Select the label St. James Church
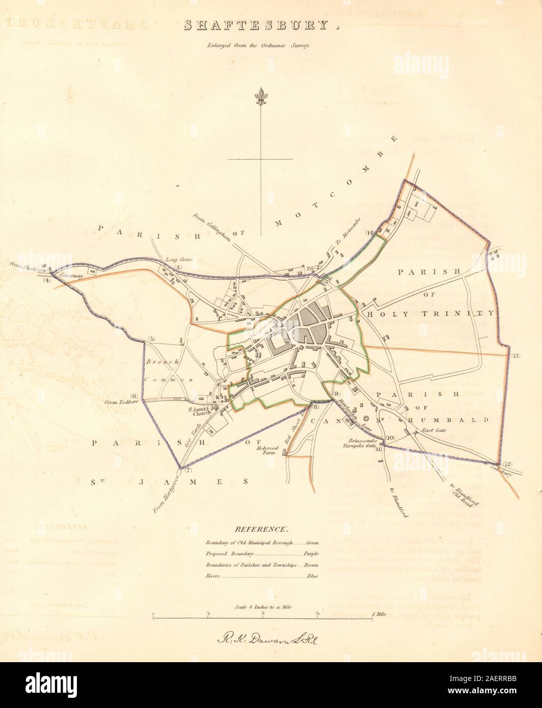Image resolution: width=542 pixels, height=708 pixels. click(203, 410)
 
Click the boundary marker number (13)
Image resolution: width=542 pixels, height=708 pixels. click(516, 356)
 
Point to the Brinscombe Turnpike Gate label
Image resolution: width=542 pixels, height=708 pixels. click(363, 444)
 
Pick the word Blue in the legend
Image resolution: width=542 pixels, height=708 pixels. click(312, 576)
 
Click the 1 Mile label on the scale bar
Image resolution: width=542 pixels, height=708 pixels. click(379, 615)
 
